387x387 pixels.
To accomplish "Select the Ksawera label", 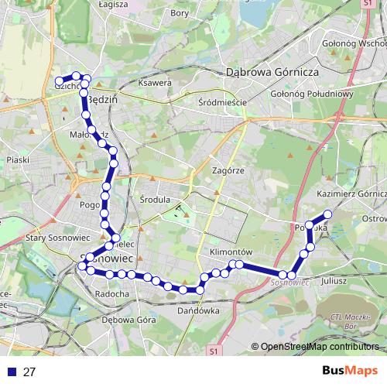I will click(x=153, y=83).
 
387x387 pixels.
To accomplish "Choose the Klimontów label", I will click(x=231, y=253).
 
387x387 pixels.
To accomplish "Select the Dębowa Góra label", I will click(x=125, y=320).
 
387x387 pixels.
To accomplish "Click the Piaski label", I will click(x=17, y=159).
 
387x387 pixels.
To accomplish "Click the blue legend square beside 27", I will click(x=12, y=372).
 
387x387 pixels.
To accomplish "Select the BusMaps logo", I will click(x=349, y=371).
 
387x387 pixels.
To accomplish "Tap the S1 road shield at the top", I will click(x=367, y=4).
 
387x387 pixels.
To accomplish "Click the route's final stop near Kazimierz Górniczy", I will click(x=327, y=214).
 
